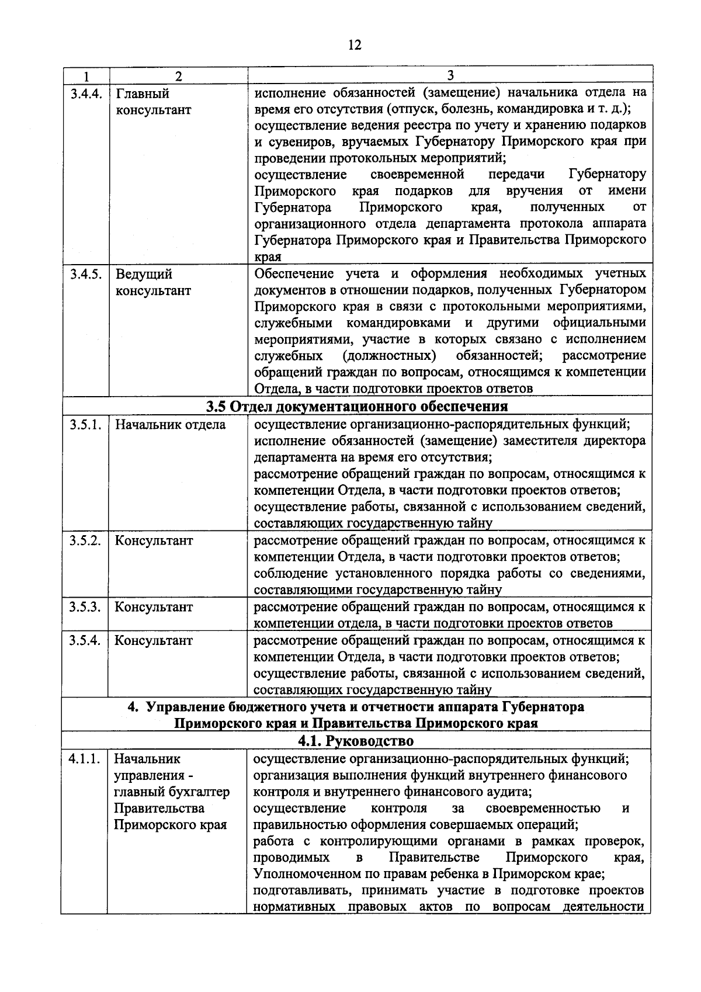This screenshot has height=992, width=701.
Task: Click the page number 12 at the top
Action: point(354,45)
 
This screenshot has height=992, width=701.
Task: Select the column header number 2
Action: point(178,76)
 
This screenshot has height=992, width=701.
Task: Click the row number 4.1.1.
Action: point(84,759)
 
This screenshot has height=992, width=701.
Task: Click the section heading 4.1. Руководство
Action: point(355,741)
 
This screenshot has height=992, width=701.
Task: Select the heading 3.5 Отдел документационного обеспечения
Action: point(356,405)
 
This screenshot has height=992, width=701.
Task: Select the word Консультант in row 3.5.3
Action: point(153,607)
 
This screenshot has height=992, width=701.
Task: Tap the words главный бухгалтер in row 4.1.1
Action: point(172,792)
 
